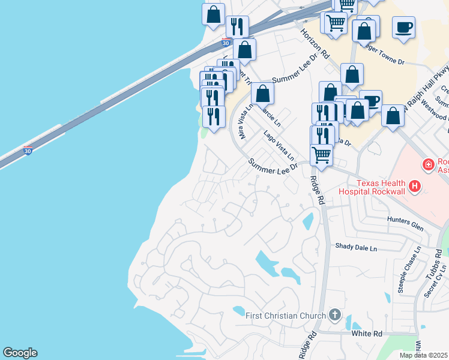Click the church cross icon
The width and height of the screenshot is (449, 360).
(x=335, y=315)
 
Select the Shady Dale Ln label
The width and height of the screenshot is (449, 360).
(x=356, y=247)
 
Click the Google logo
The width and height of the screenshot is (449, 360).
(x=20, y=353)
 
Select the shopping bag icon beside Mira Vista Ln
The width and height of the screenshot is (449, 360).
(x=262, y=94)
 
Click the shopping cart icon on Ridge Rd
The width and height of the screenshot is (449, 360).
(x=322, y=154)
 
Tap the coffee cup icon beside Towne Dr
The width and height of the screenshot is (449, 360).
(x=404, y=27)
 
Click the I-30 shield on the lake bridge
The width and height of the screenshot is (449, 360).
(x=28, y=150)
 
